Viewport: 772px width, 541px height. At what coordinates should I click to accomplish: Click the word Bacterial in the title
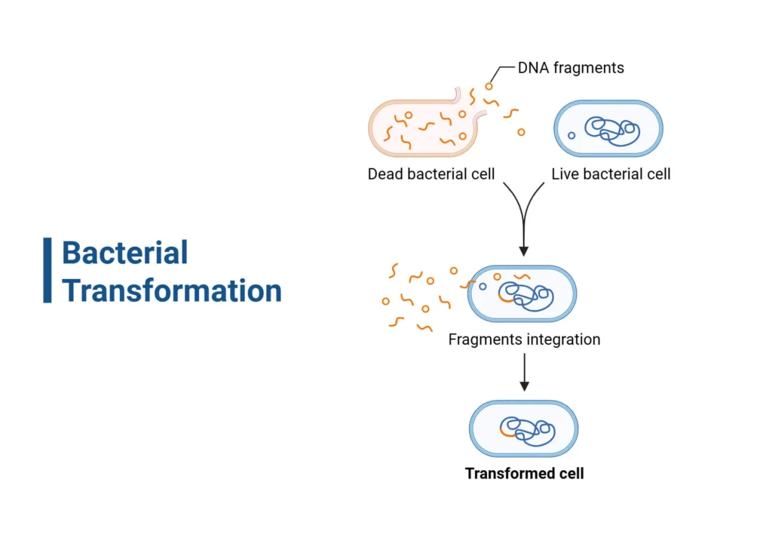tap(124, 253)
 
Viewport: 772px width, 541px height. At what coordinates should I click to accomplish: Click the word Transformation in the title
tap(172, 290)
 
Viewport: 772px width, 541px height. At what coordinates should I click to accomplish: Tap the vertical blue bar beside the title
tap(47, 270)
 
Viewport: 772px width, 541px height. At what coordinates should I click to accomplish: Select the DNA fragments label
tap(571, 68)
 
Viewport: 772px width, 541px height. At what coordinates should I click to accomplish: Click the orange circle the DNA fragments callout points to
tap(489, 86)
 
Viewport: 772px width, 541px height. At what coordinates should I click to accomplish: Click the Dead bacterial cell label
tap(430, 174)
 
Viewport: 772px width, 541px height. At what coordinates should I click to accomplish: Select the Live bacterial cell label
tap(611, 174)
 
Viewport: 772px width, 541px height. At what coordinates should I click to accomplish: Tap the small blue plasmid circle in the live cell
tap(571, 136)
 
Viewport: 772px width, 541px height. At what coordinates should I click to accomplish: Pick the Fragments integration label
tap(524, 340)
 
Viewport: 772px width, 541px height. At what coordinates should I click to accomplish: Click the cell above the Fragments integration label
tap(522, 294)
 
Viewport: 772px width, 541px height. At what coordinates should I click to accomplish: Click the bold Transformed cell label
tap(524, 474)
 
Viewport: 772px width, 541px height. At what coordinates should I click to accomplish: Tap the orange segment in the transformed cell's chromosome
tap(507, 433)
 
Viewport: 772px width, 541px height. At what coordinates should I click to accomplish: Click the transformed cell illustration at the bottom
tap(523, 429)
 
